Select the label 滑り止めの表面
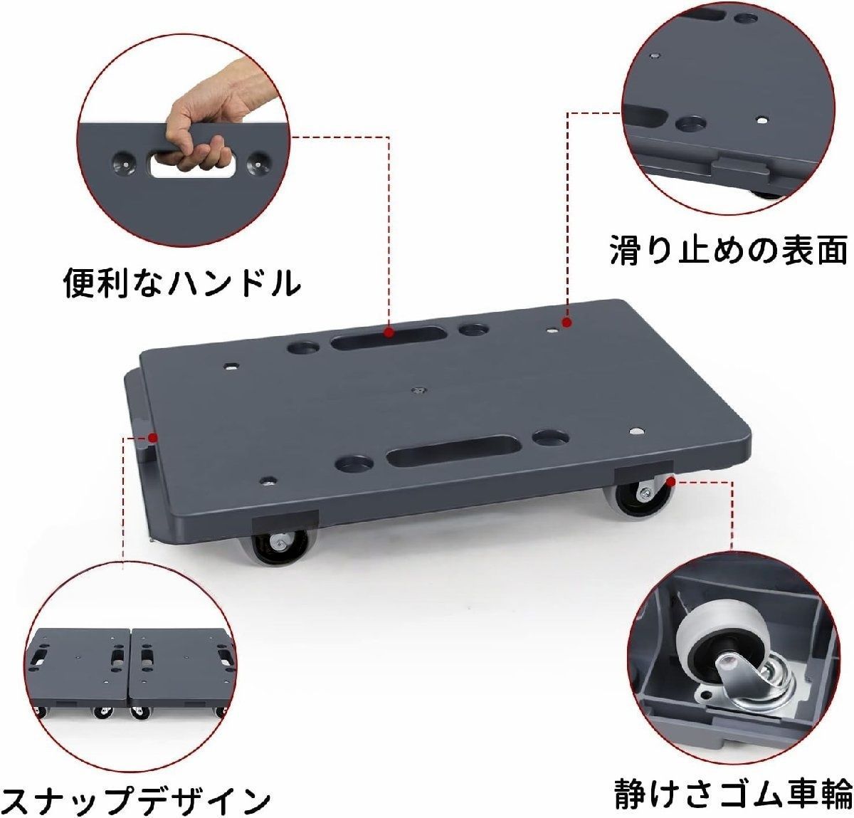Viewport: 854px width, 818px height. point(727,250)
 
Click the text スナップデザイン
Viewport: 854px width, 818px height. point(135,796)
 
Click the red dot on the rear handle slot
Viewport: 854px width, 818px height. point(389,332)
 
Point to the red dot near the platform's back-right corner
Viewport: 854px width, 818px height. point(567,323)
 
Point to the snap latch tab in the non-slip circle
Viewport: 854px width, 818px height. point(740,172)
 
